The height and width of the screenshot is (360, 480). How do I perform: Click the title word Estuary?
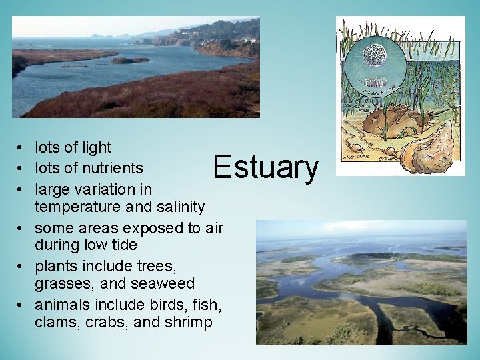point(265,167)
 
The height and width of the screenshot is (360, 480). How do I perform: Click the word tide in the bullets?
point(125,245)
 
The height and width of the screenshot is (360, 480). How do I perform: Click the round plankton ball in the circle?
point(374,54)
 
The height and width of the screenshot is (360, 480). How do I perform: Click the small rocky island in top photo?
point(130,60)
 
